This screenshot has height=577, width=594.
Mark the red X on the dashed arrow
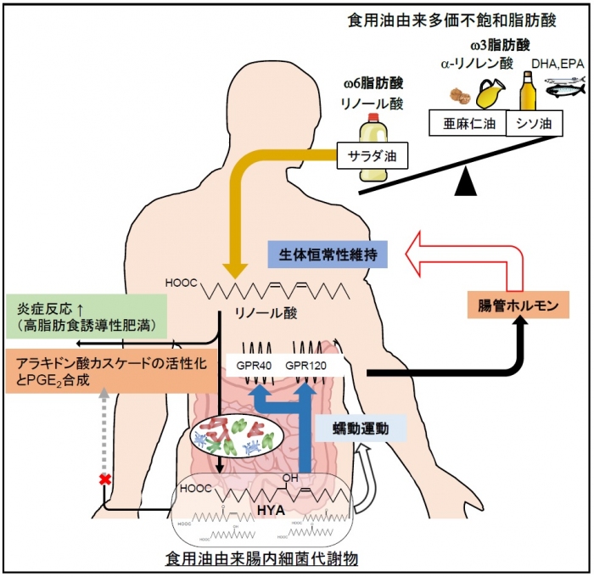click(104, 480)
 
